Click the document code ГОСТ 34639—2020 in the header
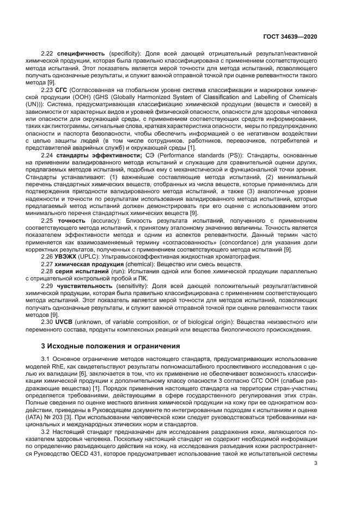[x=291, y=35]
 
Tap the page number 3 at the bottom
[x=316, y=464]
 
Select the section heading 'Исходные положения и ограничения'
[x=112, y=346]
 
